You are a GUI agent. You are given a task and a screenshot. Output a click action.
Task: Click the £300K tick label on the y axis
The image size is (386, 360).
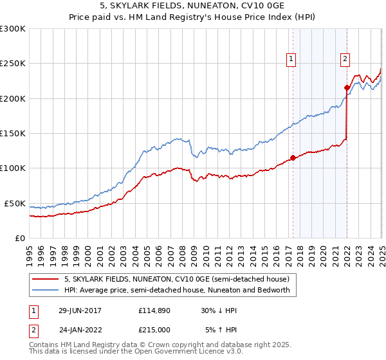coord(13,29)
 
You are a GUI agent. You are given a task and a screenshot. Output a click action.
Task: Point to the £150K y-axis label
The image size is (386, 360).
coord(13,134)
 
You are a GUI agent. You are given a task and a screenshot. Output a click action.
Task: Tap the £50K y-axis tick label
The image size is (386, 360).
coord(15,203)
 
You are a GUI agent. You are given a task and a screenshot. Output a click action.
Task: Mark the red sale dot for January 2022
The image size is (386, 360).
coord(347,87)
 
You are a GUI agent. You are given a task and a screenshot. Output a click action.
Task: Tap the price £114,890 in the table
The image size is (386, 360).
coord(153,310)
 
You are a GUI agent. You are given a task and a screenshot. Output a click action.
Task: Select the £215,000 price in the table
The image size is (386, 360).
coord(153,329)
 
